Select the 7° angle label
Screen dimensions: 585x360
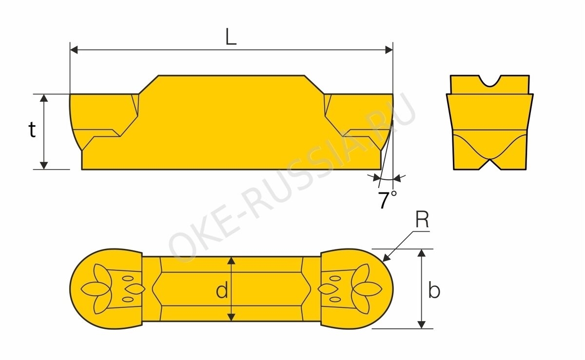click(388, 200)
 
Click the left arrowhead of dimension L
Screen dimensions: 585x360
click(74, 50)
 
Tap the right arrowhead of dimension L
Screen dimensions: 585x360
click(389, 50)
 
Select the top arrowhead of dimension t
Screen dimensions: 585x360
click(44, 98)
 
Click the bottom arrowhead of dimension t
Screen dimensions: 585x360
click(44, 166)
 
